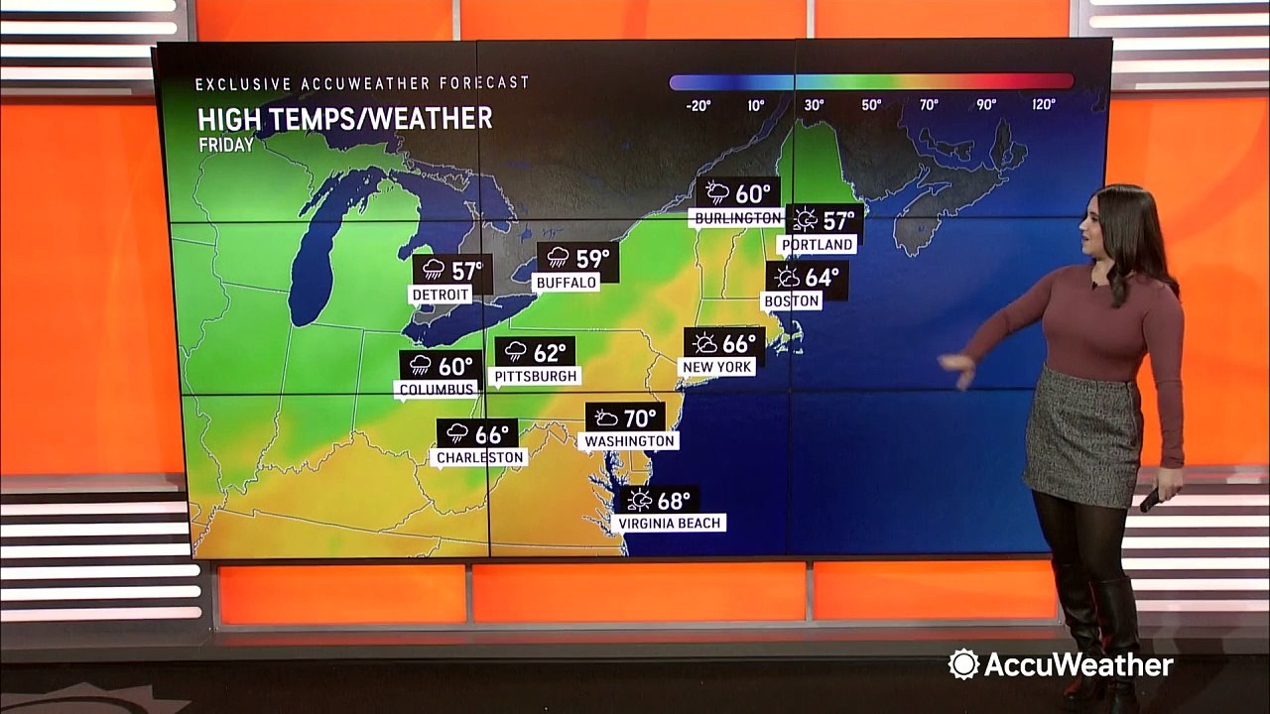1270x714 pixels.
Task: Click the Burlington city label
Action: [737, 218]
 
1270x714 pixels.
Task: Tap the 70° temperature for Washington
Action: [640, 417]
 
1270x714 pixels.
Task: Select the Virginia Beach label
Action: [670, 523]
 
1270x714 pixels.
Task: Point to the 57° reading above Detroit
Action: [466, 270]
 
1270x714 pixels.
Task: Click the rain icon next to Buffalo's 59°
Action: [558, 258]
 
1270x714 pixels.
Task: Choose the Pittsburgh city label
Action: [534, 377]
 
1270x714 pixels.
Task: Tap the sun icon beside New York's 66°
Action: [705, 343]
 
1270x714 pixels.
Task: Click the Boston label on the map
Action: [792, 300]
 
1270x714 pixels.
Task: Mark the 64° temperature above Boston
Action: [822, 277]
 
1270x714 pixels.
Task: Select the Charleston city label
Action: [481, 457]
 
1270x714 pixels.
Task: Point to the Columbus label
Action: [436, 390]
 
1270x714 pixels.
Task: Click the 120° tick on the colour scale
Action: [1043, 104]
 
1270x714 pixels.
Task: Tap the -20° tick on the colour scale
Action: [698, 104]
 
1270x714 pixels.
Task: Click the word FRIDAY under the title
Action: [225, 145]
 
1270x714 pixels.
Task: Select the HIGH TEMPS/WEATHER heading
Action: [344, 119]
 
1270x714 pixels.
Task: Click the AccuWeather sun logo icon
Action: [962, 664]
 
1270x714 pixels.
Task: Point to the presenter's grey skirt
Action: [1081, 436]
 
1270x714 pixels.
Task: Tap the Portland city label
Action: [817, 244]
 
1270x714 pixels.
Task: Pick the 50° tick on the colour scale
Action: [871, 104]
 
